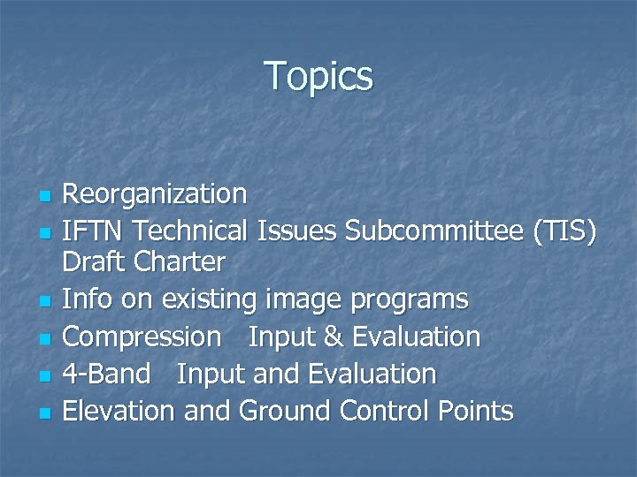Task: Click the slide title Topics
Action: point(318,76)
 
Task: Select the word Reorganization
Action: point(155,193)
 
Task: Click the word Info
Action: point(87,299)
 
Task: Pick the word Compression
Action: point(142,337)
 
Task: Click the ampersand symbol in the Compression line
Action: point(335,337)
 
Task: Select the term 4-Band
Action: point(106,374)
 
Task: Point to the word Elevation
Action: point(118,411)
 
